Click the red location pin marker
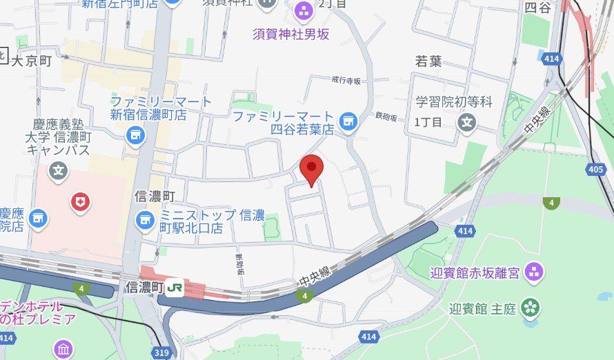coord(312,167)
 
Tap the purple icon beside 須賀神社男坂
coord(302,10)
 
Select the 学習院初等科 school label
coord(454,102)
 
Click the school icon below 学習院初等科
coord(468,124)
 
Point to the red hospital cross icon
coord(81,201)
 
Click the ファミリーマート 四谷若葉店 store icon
coord(348,122)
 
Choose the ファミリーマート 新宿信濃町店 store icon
coord(136,133)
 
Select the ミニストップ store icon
coord(145,220)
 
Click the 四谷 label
coord(539,8)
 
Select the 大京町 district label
coord(32,61)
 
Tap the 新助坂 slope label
coord(239,263)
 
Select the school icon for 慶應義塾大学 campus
coord(59,169)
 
